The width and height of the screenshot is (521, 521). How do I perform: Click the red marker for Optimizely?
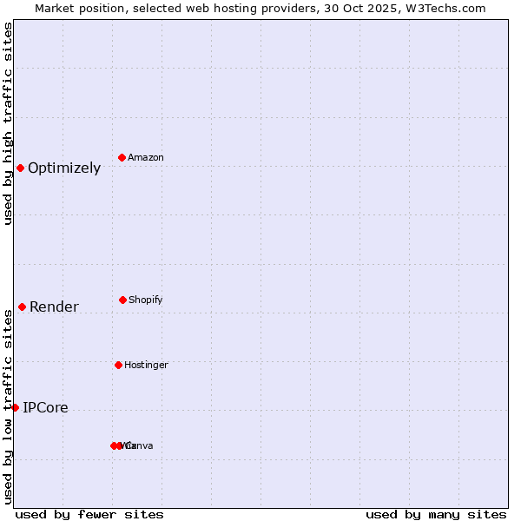(20, 168)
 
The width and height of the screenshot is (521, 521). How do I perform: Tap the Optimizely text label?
(64, 168)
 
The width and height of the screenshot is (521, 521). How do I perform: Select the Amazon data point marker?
(122, 157)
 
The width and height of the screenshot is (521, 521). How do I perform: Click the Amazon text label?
(146, 158)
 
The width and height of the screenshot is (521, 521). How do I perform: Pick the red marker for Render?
(22, 307)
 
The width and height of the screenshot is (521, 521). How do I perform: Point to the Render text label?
(54, 307)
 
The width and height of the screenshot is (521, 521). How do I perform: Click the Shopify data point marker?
(122, 300)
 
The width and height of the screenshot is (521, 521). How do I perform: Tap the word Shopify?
(146, 300)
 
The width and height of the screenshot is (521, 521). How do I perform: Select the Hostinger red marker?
(118, 365)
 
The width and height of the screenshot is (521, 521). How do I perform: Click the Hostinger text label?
(146, 366)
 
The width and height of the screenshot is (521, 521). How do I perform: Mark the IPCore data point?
(15, 407)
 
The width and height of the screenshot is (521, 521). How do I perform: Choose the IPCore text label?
(45, 408)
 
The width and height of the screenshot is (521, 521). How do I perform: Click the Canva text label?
(139, 446)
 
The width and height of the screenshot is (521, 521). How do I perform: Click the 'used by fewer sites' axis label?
(89, 514)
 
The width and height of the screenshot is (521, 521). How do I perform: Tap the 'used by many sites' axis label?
(436, 514)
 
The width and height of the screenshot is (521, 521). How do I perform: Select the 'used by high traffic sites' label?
(8, 123)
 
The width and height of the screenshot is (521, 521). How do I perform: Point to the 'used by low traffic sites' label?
(8, 406)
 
